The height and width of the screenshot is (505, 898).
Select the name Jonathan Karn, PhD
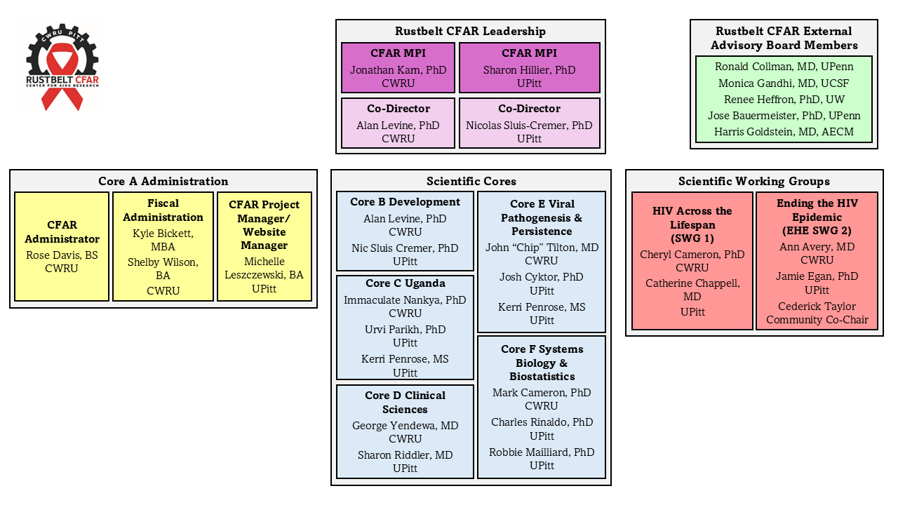click(398, 70)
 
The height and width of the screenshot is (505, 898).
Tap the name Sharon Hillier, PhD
click(529, 70)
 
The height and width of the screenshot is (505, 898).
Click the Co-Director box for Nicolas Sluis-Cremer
click(529, 123)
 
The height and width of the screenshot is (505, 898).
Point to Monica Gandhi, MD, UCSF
click(783, 83)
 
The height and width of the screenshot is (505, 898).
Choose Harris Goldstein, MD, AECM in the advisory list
click(783, 131)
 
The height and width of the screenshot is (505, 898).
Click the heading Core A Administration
click(163, 182)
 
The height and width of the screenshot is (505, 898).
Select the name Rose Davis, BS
click(62, 255)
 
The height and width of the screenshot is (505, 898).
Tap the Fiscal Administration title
click(163, 210)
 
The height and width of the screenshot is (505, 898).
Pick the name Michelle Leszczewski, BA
click(264, 268)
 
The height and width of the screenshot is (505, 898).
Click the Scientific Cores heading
click(471, 182)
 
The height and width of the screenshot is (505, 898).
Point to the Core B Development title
click(405, 202)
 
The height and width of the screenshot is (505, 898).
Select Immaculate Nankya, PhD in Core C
click(405, 300)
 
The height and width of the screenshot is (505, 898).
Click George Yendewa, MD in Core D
click(405, 426)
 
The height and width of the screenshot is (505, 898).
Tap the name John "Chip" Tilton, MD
click(542, 248)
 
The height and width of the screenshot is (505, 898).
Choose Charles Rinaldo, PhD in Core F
click(542, 422)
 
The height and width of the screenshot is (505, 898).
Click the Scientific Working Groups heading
click(753, 182)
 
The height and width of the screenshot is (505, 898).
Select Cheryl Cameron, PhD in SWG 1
click(692, 255)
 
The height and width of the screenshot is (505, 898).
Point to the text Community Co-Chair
click(817, 320)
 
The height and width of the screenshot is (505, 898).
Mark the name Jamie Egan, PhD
click(817, 276)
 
